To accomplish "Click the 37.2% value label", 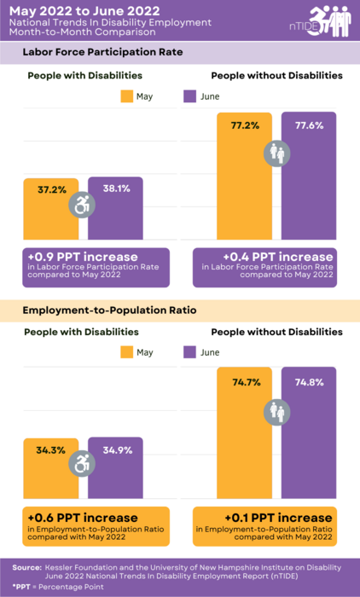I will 52,189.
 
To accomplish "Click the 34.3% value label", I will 52,449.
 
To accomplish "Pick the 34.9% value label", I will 116,449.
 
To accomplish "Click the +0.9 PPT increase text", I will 83,256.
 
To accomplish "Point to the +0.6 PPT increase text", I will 83,517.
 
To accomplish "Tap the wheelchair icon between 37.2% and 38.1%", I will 84,205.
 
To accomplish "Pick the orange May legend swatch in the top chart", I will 129,96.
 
